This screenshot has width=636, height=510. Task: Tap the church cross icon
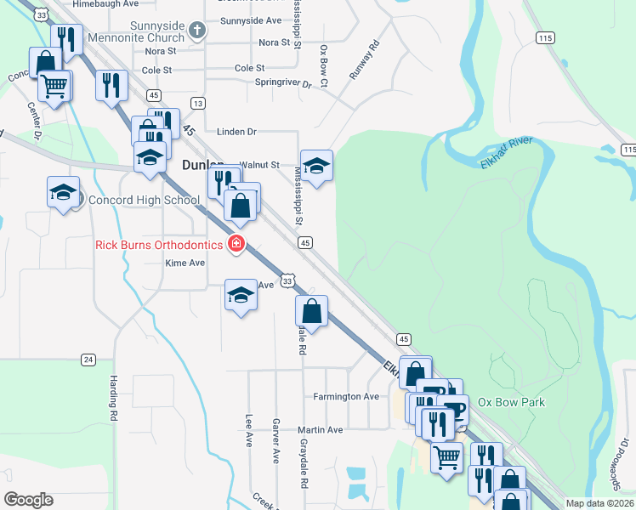[x=197, y=32]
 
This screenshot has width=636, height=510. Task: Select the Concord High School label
[x=145, y=201]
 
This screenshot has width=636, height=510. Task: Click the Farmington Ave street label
[x=345, y=396]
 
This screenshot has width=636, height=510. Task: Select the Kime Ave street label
[x=185, y=263]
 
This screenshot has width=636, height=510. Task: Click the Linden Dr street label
[x=236, y=132]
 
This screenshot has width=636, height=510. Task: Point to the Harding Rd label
[x=111, y=399]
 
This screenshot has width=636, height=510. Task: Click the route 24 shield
[x=88, y=360]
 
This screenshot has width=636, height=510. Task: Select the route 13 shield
[x=198, y=103]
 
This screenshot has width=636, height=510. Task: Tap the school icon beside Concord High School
[x=64, y=192]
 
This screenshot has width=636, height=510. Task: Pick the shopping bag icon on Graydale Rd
[x=312, y=310]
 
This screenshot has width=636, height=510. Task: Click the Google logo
[x=28, y=500]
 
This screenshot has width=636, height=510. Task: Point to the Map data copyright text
[x=600, y=503]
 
